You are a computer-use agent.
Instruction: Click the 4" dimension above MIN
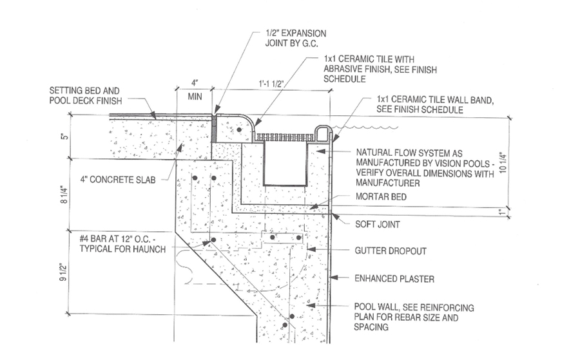(x=193, y=84)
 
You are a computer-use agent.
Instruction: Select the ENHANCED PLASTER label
(x=394, y=279)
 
